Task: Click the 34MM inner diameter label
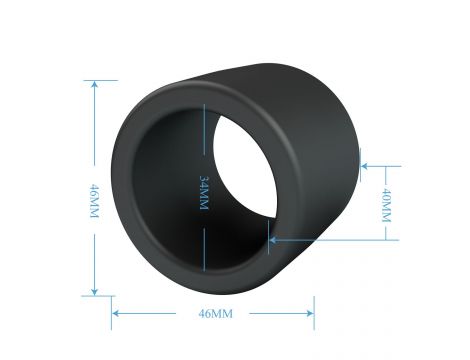click(204, 193)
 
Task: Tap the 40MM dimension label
click(386, 205)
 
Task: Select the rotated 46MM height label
click(95, 201)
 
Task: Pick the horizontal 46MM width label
click(215, 314)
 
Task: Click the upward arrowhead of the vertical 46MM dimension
click(95, 85)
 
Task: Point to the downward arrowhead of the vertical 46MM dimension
click(95, 291)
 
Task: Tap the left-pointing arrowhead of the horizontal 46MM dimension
click(117, 313)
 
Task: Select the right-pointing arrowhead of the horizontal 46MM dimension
click(309, 313)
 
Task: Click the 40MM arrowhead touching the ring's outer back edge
click(365, 166)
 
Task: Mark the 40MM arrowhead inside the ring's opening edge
click(273, 240)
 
